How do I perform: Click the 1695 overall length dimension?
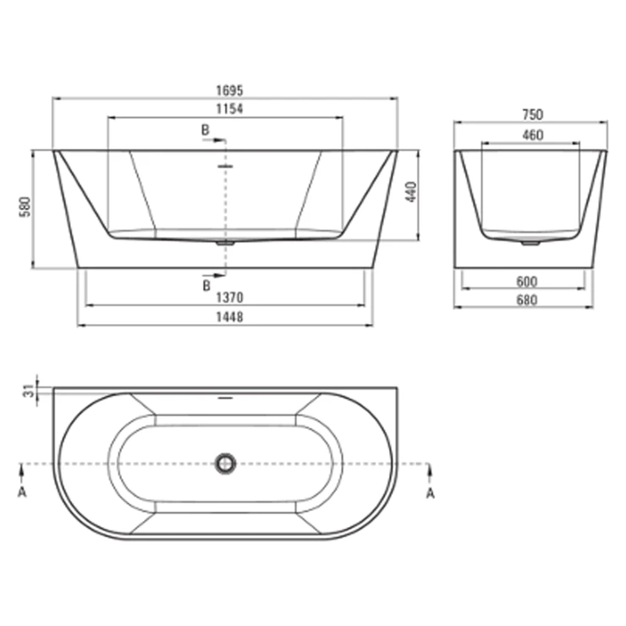click(229, 91)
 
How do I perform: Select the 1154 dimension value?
click(229, 108)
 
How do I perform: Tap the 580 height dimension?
click(25, 206)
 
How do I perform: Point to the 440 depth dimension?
click(411, 192)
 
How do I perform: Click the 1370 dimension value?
click(229, 298)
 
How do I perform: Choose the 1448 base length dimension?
click(229, 317)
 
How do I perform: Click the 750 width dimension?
click(533, 114)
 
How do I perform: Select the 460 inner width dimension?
click(533, 135)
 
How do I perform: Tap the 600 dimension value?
click(526, 282)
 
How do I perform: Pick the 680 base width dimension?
click(526, 299)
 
